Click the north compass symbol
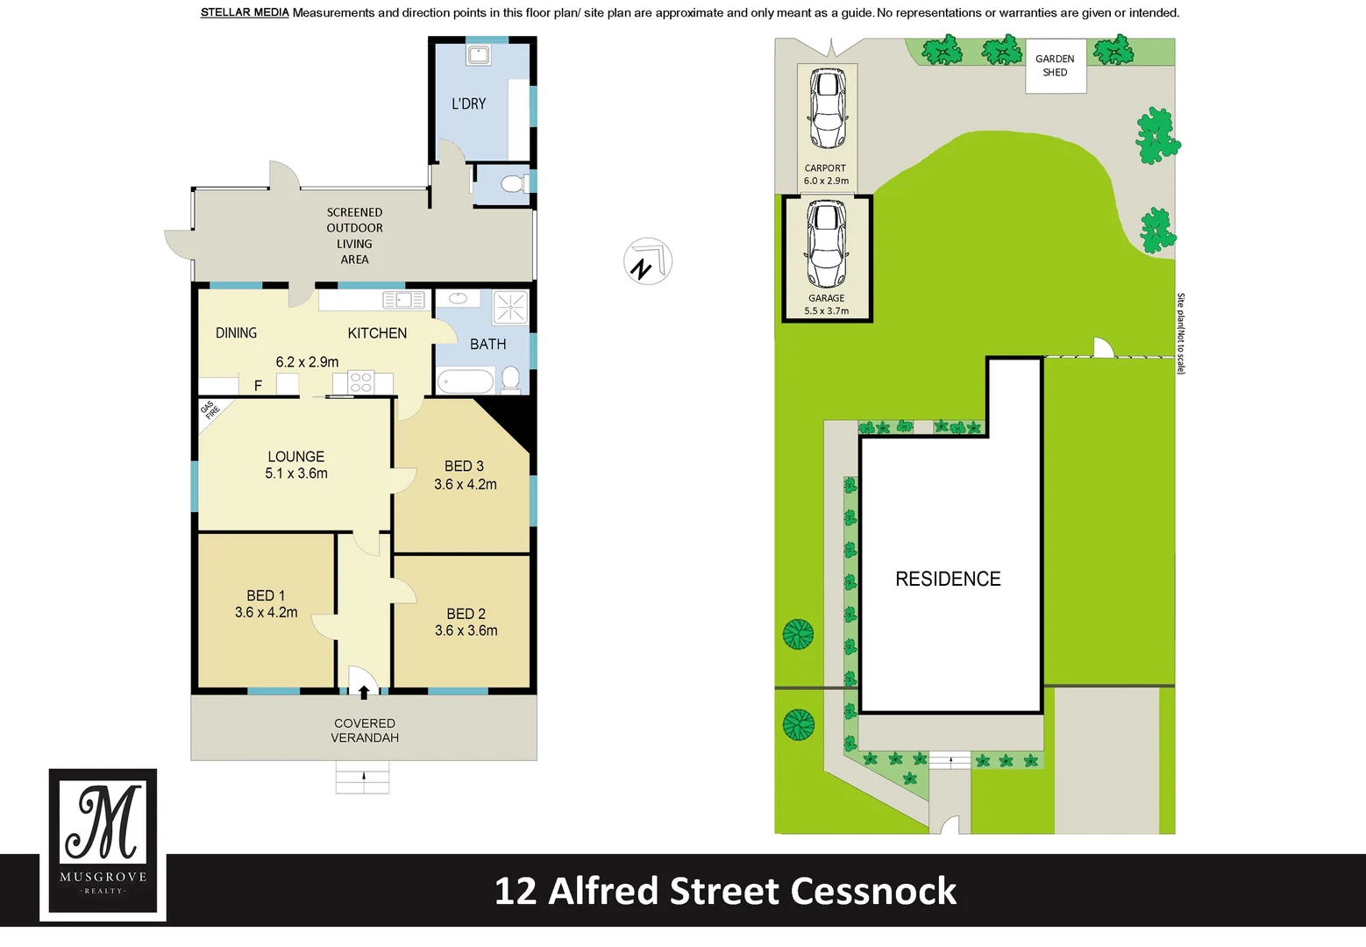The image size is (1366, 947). [647, 262]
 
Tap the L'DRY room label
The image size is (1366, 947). [468, 103]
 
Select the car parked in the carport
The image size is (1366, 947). [826, 109]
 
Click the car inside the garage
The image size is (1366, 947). [826, 244]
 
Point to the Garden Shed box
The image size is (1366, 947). [1056, 66]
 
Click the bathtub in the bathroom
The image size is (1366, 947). [466, 381]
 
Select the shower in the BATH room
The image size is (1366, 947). [510, 308]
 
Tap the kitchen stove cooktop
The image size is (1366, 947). [361, 382]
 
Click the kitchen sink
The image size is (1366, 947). [403, 301]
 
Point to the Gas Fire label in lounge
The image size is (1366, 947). [210, 409]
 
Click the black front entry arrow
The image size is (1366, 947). [364, 692]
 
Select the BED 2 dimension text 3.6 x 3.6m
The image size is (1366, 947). [466, 630]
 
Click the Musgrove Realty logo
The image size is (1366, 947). [103, 841]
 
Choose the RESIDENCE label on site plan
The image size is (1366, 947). [948, 579]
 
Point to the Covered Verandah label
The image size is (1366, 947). [365, 730]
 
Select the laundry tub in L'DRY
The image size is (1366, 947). [478, 56]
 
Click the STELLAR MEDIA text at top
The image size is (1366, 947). [245, 12]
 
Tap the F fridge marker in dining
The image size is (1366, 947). [258, 386]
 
